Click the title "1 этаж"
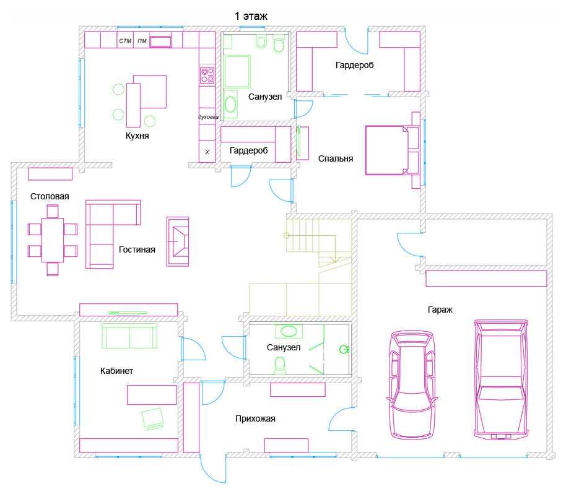coord(251,16)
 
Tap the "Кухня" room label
coord(137,136)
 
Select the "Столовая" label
coord(50,196)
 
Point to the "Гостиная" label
coord(137,249)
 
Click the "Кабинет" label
coord(116,371)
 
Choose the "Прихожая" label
coord(255,418)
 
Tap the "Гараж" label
coord(440,310)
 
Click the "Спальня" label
coord(336,158)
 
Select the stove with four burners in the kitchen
coord(207,75)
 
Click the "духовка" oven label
coord(208,117)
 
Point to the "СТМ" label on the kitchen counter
coord(125,41)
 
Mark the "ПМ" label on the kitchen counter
coord(142,41)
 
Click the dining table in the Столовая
coord(53,240)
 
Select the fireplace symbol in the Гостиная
coord(178,241)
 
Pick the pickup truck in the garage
coord(500,379)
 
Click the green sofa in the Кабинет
coord(129,336)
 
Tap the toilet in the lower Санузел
coord(280,365)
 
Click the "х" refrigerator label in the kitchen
coord(207,152)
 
